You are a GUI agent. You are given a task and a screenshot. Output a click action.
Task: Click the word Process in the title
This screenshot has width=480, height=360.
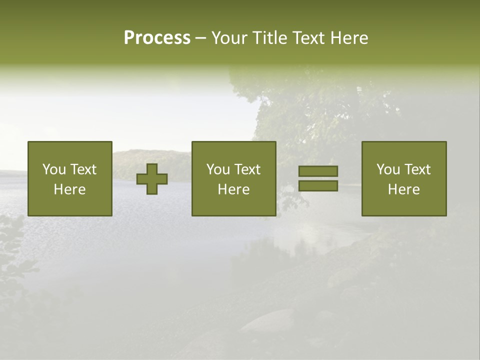[157, 38]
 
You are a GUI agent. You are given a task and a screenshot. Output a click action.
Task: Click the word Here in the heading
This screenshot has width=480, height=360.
[349, 38]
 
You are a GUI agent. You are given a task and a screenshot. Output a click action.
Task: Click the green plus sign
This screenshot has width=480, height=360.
[152, 178]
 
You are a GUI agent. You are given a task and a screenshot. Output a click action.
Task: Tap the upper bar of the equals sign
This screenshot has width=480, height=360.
[318, 171]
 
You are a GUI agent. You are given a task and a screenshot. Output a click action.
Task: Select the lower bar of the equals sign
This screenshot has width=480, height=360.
[318, 185]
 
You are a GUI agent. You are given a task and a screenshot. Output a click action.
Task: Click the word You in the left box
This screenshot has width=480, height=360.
[53, 169]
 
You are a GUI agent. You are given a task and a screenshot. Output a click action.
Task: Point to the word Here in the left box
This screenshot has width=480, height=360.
[69, 189]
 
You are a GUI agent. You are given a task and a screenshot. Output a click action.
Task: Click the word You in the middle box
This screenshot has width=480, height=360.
[217, 169]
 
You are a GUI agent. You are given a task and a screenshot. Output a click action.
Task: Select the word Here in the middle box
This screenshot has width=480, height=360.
[233, 189]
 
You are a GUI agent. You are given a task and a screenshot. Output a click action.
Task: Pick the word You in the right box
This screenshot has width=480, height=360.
[387, 169]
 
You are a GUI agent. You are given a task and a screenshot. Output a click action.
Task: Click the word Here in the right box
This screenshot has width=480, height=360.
[403, 189]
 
